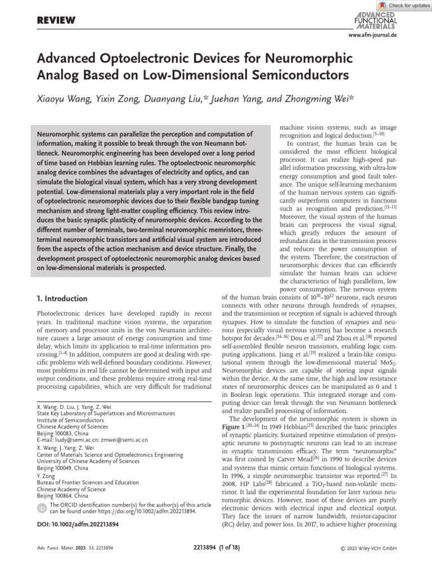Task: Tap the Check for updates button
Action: pyautogui.click(x=404, y=5)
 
